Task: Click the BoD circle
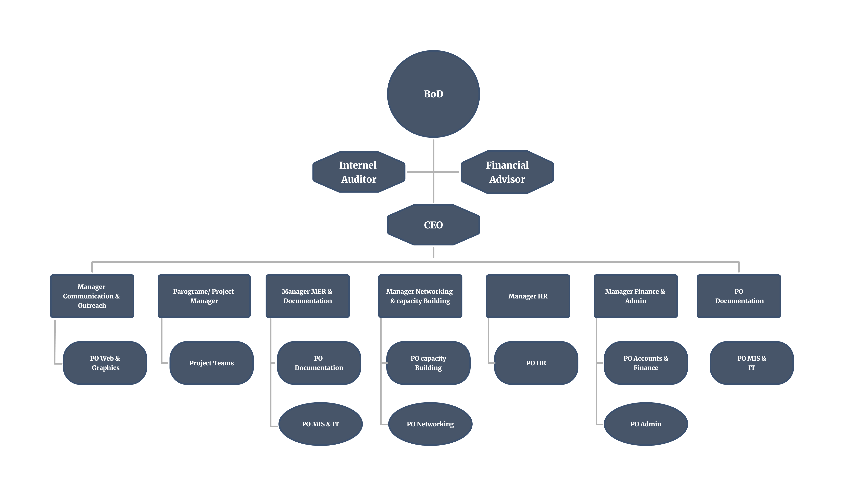pos(433,94)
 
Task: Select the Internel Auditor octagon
pos(359,172)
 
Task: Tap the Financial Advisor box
pos(507,172)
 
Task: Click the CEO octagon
pos(433,225)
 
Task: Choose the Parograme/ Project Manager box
pos(204,296)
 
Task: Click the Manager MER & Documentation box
pos(307,296)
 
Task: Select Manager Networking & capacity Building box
pos(420,296)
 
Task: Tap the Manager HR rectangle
pos(528,296)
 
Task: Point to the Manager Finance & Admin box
pos(635,296)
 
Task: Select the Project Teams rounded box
pos(211,363)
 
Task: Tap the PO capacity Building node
pos(428,363)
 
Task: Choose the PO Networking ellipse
pos(430,424)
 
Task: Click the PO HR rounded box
pos(536,363)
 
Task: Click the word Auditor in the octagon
pos(359,179)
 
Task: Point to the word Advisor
pos(507,179)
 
